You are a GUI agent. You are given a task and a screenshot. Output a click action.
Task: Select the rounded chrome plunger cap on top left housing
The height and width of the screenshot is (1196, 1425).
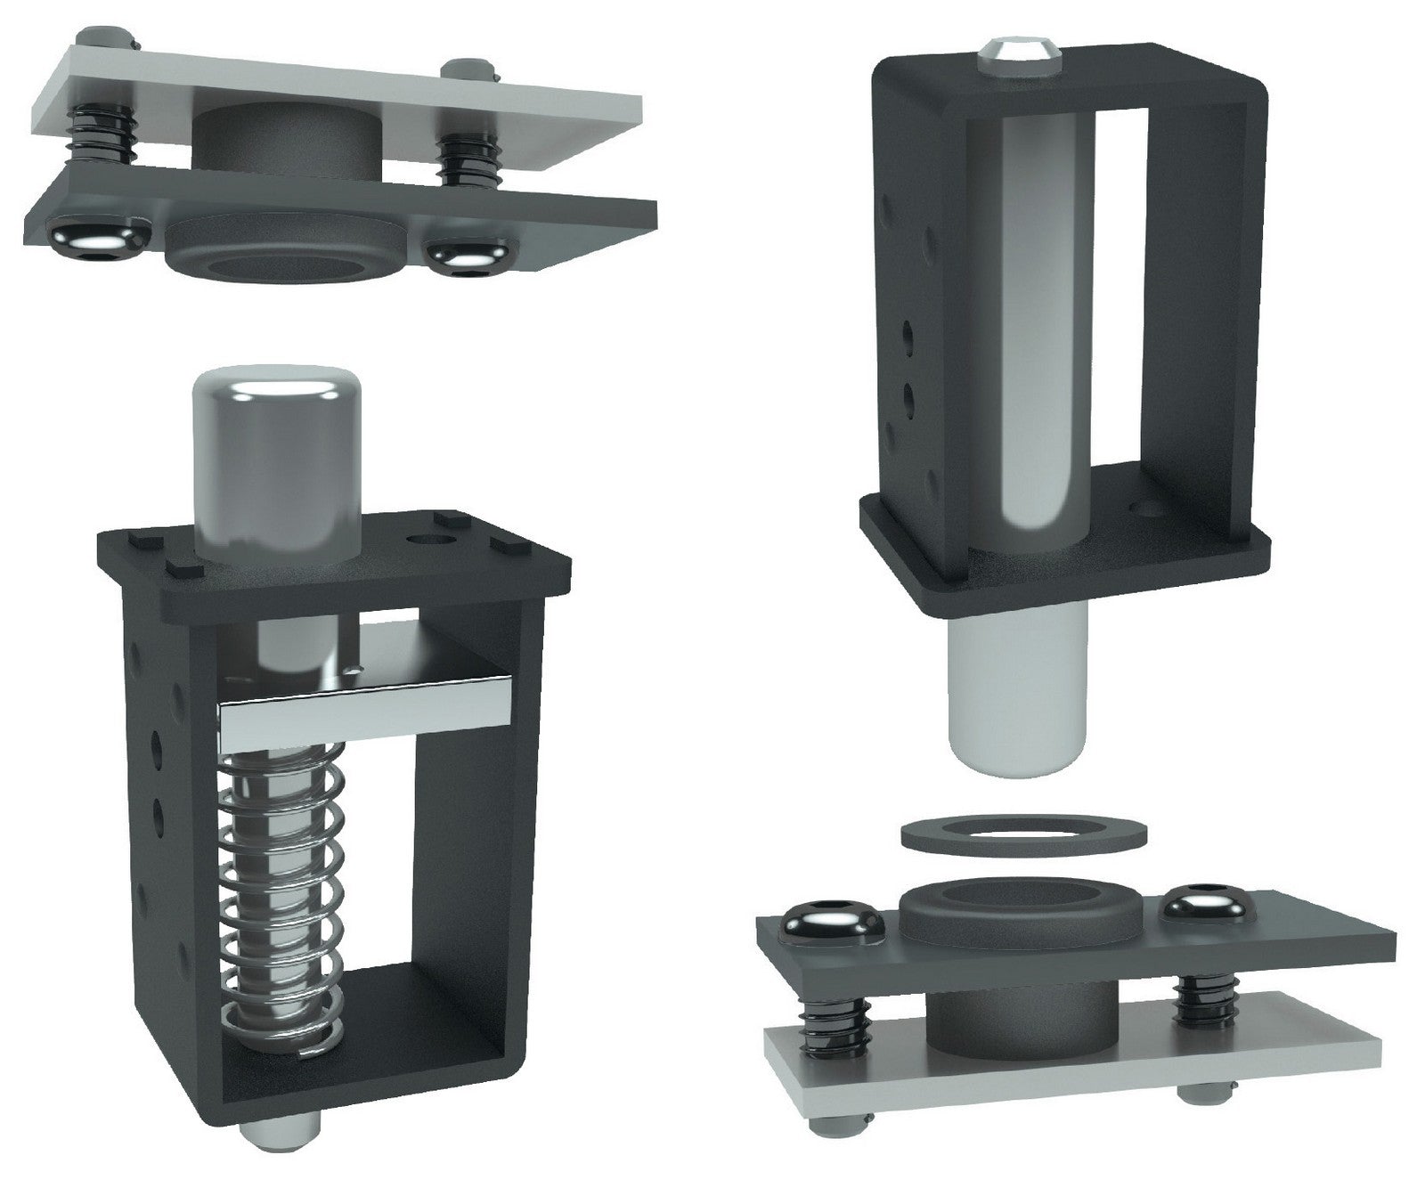coord(276,463)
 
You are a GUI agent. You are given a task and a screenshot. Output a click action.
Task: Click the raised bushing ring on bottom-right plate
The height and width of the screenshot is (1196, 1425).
coord(1020,908)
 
